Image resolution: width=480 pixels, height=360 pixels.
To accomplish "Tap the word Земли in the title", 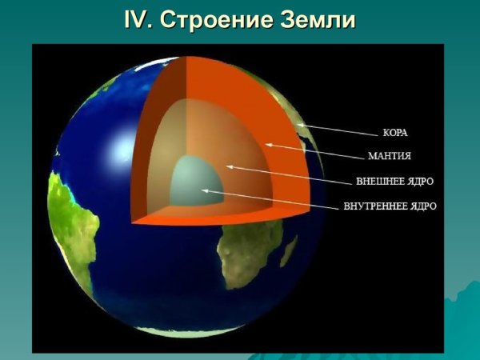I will coord(315,20).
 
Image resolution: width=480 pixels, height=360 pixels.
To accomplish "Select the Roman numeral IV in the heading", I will coord(139,20).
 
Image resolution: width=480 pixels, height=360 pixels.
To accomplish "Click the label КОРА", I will coord(396,134).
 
